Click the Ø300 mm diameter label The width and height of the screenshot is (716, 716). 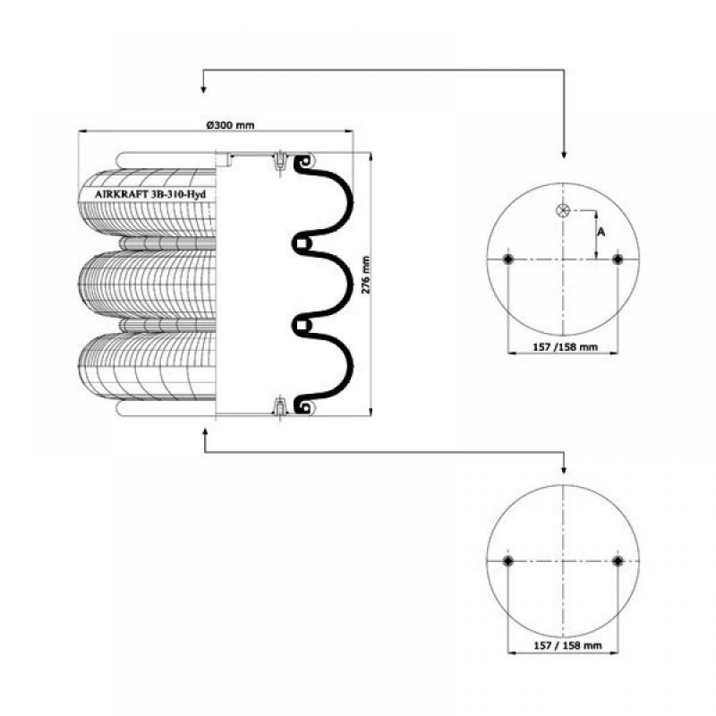pyautogui.click(x=231, y=125)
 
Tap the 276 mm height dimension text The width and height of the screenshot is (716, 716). pyautogui.click(x=366, y=275)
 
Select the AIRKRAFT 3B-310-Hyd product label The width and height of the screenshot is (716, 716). pyautogui.click(x=150, y=194)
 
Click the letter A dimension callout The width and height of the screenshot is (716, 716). pyautogui.click(x=601, y=232)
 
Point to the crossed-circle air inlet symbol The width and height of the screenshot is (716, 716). pyautogui.click(x=563, y=211)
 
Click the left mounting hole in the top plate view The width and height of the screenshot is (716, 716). pyautogui.click(x=508, y=259)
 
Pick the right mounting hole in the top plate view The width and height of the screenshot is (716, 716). pyautogui.click(x=618, y=259)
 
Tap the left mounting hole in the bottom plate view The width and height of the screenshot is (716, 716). pyautogui.click(x=508, y=561)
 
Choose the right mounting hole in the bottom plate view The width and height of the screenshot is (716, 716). pyautogui.click(x=618, y=561)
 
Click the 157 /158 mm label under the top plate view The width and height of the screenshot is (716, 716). pyautogui.click(x=566, y=347)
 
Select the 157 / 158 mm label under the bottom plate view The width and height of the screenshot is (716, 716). pyautogui.click(x=568, y=646)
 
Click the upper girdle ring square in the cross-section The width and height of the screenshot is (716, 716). pyautogui.click(x=301, y=244)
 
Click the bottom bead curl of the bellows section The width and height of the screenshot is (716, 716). pyautogui.click(x=302, y=405)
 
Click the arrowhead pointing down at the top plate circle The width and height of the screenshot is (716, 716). pyautogui.click(x=564, y=155)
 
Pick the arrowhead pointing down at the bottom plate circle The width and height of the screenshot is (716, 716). pyautogui.click(x=564, y=470)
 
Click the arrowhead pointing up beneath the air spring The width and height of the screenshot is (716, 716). pyautogui.click(x=204, y=432)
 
